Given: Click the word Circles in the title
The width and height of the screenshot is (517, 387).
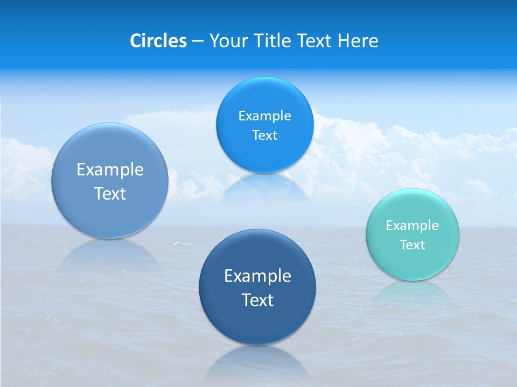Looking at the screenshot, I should (x=158, y=41).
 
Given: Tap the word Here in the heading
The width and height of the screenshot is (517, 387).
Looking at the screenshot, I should (x=358, y=41).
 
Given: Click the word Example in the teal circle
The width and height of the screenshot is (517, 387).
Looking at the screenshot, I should (x=413, y=226).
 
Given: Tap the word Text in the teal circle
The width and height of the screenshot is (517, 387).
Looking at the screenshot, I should (x=413, y=245).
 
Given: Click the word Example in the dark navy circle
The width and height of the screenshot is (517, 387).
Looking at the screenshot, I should (x=257, y=276).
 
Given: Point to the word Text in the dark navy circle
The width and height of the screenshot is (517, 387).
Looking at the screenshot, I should (x=257, y=300).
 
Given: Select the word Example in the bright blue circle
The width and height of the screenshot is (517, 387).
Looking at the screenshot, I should (x=264, y=116).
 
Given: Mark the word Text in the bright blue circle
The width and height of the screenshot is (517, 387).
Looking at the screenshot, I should (x=264, y=135).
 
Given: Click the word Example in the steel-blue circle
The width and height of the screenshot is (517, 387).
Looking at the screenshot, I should (x=110, y=170).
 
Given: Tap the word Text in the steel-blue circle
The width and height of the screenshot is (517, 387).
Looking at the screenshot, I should (x=110, y=193).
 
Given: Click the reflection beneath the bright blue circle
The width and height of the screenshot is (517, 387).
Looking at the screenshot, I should (x=264, y=188).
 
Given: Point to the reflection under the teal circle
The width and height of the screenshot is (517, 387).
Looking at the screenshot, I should (x=413, y=293).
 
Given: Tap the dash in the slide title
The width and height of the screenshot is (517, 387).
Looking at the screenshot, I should (x=197, y=41).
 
